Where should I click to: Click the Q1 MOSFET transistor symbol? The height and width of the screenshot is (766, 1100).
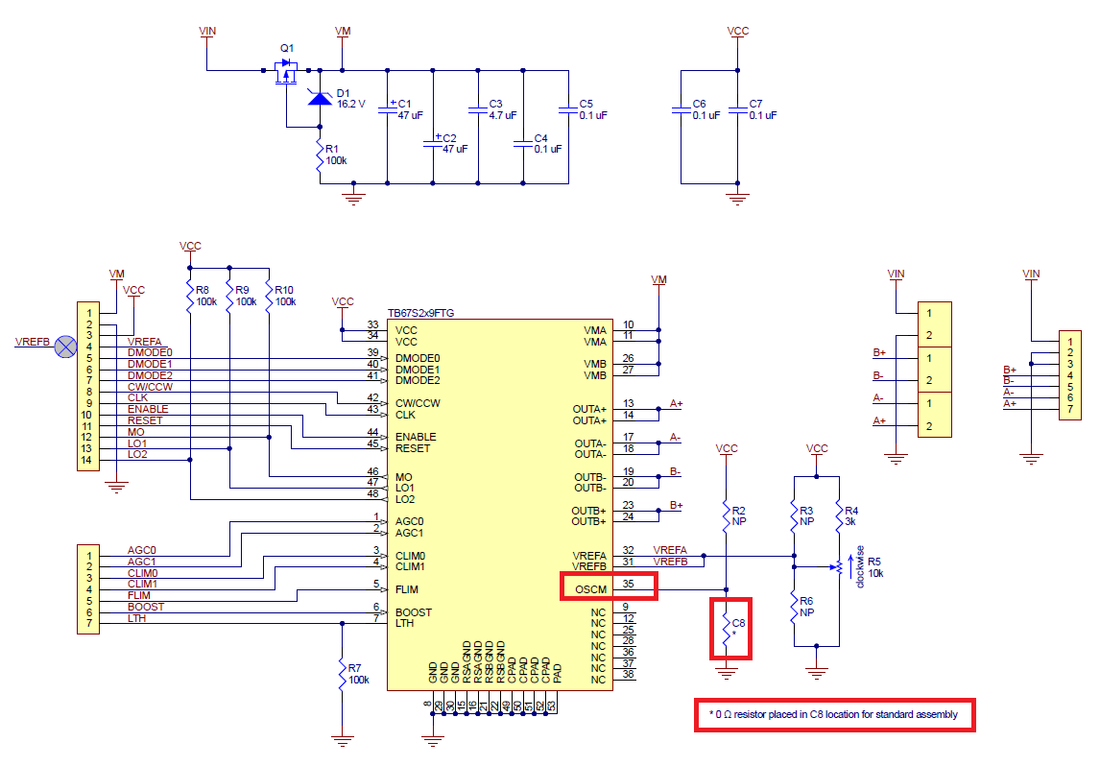(x=286, y=71)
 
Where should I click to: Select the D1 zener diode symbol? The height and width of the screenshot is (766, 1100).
(x=320, y=98)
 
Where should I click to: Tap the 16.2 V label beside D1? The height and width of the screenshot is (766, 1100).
(x=350, y=104)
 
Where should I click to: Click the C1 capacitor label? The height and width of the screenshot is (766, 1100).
(x=404, y=103)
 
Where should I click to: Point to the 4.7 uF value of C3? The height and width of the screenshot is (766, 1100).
(x=502, y=115)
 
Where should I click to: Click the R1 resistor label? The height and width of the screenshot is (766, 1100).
(x=332, y=149)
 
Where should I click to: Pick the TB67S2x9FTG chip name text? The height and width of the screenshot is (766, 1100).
(x=421, y=313)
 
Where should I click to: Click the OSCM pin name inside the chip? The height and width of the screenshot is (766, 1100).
(x=590, y=589)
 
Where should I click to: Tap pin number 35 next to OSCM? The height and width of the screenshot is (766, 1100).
(x=628, y=584)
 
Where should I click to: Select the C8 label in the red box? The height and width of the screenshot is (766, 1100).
(x=739, y=623)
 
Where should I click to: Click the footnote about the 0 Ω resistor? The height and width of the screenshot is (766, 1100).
(x=833, y=715)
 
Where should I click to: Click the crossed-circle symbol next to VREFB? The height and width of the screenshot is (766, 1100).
(x=66, y=347)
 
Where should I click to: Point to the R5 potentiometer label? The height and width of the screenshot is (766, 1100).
(x=874, y=562)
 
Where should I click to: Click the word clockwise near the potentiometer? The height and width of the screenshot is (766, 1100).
(x=860, y=566)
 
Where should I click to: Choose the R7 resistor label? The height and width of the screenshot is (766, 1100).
(x=354, y=668)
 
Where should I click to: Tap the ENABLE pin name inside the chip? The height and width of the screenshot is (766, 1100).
(x=416, y=437)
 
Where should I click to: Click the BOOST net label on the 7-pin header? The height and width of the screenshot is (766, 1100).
(x=146, y=607)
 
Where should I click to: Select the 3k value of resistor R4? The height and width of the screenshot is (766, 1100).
(x=850, y=522)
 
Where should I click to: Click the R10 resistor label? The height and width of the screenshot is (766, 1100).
(x=284, y=290)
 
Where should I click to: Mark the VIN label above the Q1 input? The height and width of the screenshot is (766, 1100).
(x=207, y=31)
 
